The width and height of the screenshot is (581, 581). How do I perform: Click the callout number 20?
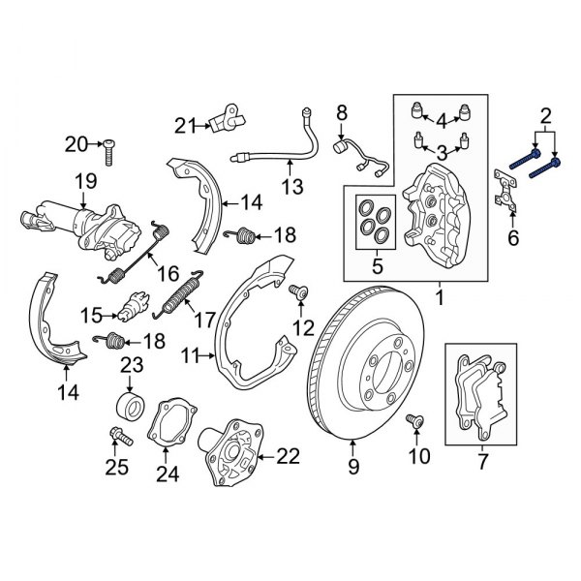[x=76, y=144]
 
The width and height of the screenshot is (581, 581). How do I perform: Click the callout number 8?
[x=341, y=116]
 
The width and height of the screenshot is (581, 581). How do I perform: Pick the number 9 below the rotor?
[x=352, y=473]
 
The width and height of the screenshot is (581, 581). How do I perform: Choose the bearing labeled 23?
[x=128, y=403]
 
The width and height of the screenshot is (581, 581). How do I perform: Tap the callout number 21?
[x=185, y=124]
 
